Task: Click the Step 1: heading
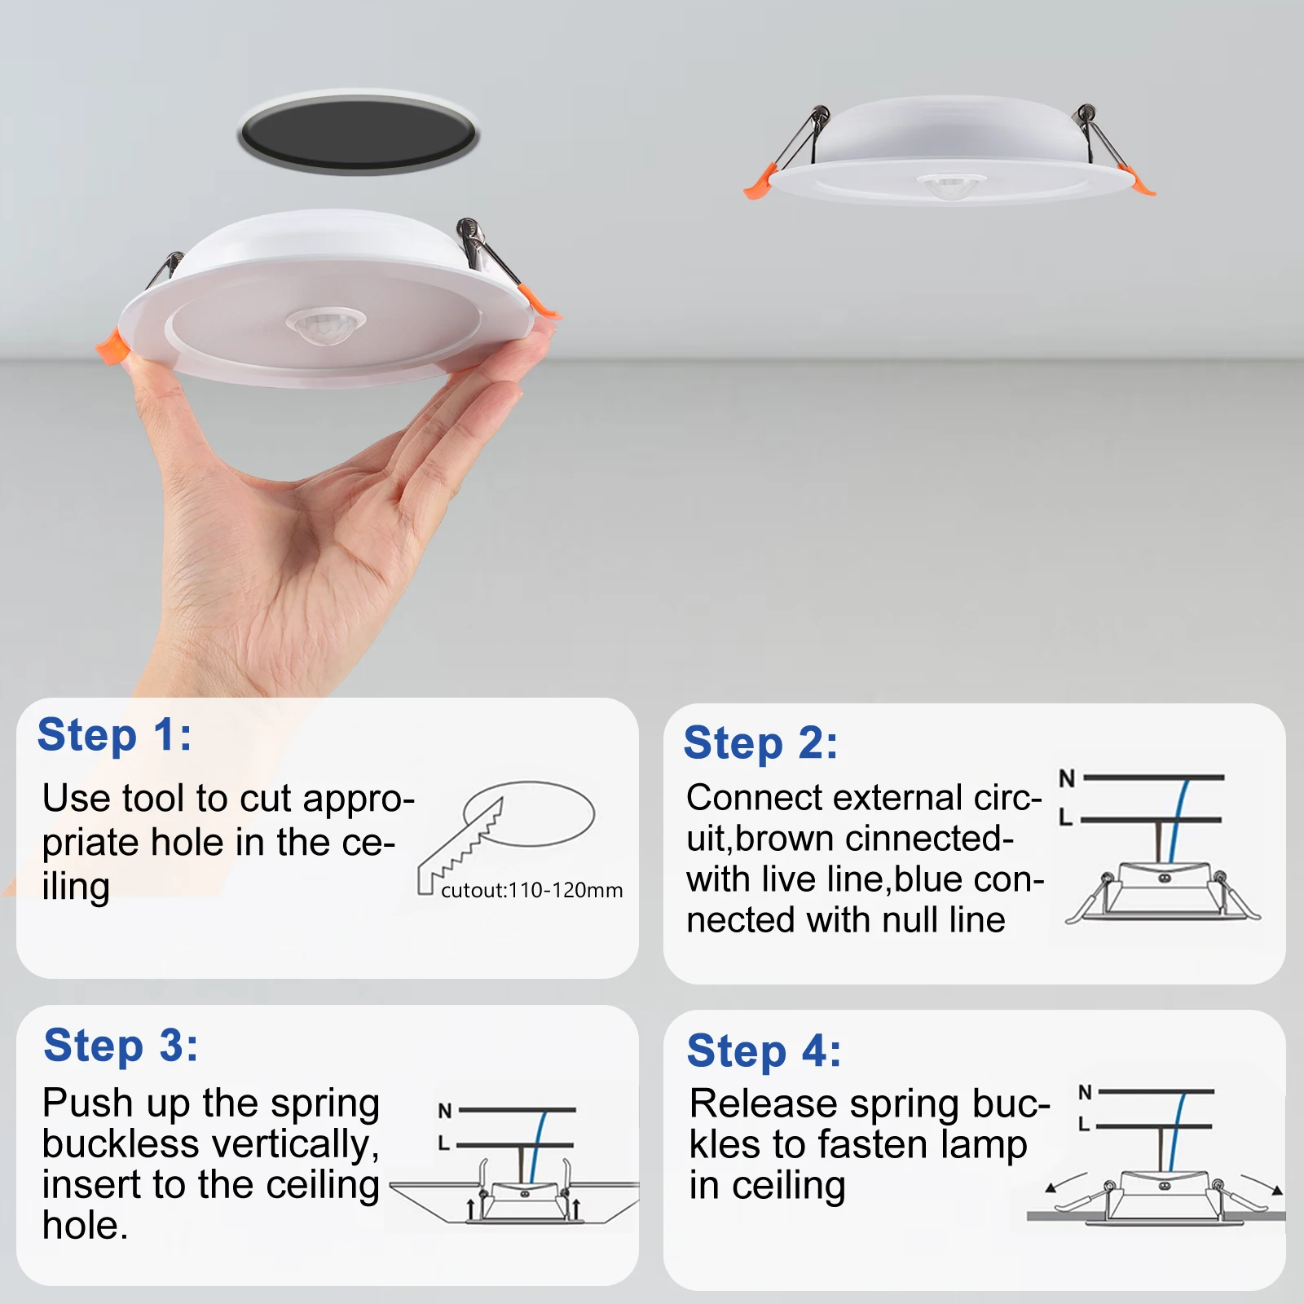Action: (115, 735)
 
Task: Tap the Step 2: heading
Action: (760, 743)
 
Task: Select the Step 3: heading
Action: (121, 1046)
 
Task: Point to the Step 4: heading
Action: (764, 1051)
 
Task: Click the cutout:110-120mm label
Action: (531, 890)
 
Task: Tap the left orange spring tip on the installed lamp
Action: (756, 184)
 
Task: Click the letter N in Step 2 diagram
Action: (1067, 778)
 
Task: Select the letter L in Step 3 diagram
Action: (443, 1144)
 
